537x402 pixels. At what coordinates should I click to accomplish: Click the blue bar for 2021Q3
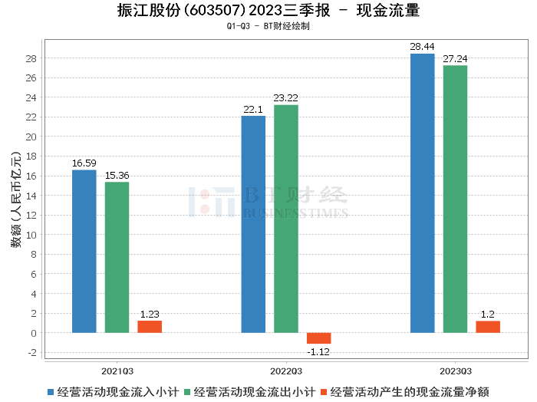click(x=84, y=251)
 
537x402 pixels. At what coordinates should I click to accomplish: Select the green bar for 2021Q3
click(x=117, y=257)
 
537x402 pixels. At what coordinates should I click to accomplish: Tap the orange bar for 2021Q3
click(x=150, y=327)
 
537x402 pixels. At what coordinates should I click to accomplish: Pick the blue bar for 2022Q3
click(x=253, y=224)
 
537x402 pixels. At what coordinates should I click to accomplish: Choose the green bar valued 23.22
click(x=286, y=219)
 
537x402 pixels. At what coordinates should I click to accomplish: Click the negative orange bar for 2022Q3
click(x=318, y=338)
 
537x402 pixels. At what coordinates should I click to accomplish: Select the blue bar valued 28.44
click(x=422, y=193)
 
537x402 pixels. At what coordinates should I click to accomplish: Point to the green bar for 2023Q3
click(x=455, y=199)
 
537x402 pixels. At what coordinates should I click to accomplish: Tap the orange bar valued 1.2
click(x=488, y=327)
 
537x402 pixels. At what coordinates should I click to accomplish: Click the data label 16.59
click(x=84, y=163)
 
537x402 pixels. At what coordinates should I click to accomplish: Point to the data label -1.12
click(x=318, y=351)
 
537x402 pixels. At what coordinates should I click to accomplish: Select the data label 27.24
click(x=455, y=58)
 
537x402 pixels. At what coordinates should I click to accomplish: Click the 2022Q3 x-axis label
click(x=286, y=368)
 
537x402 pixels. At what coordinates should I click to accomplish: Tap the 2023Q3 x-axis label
click(x=455, y=368)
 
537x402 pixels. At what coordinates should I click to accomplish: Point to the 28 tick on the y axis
click(x=32, y=58)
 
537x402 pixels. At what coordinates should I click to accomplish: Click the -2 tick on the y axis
click(x=32, y=352)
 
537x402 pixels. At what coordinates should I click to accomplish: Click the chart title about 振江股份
click(x=268, y=11)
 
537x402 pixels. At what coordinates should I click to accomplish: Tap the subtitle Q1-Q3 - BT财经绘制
click(x=268, y=26)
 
